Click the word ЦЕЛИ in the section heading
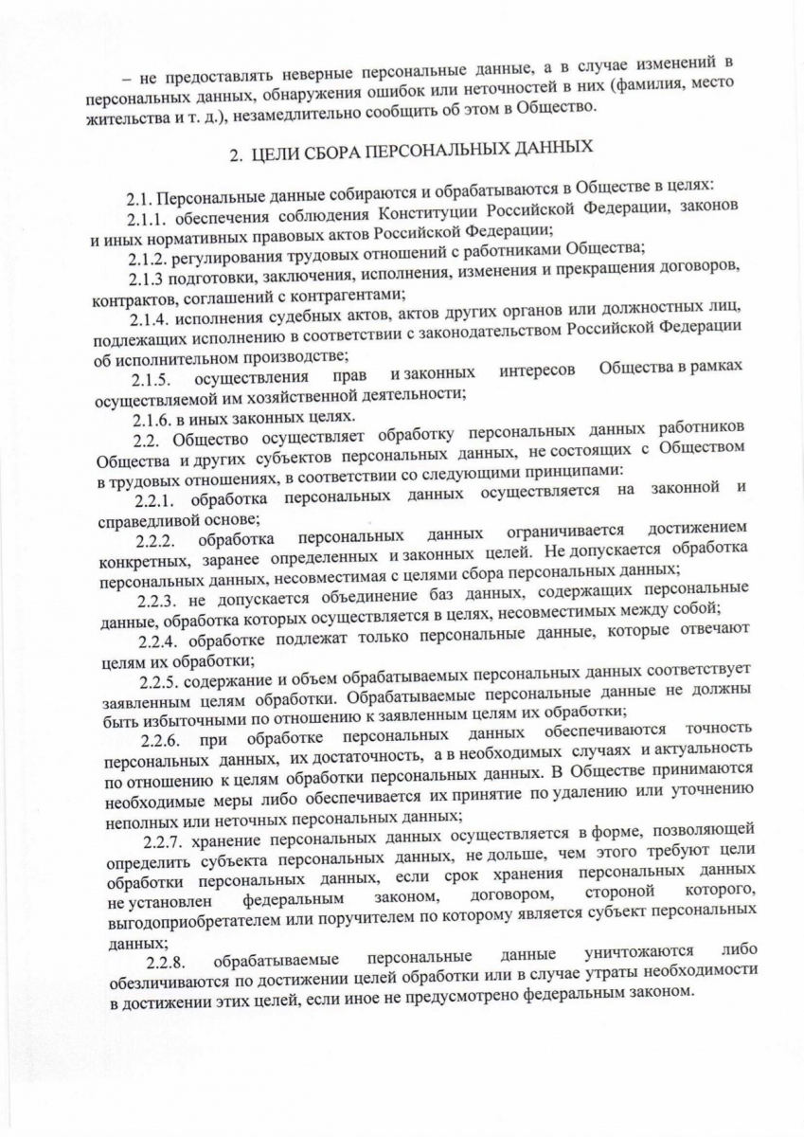click(x=283, y=152)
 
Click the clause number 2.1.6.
click(x=152, y=418)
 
